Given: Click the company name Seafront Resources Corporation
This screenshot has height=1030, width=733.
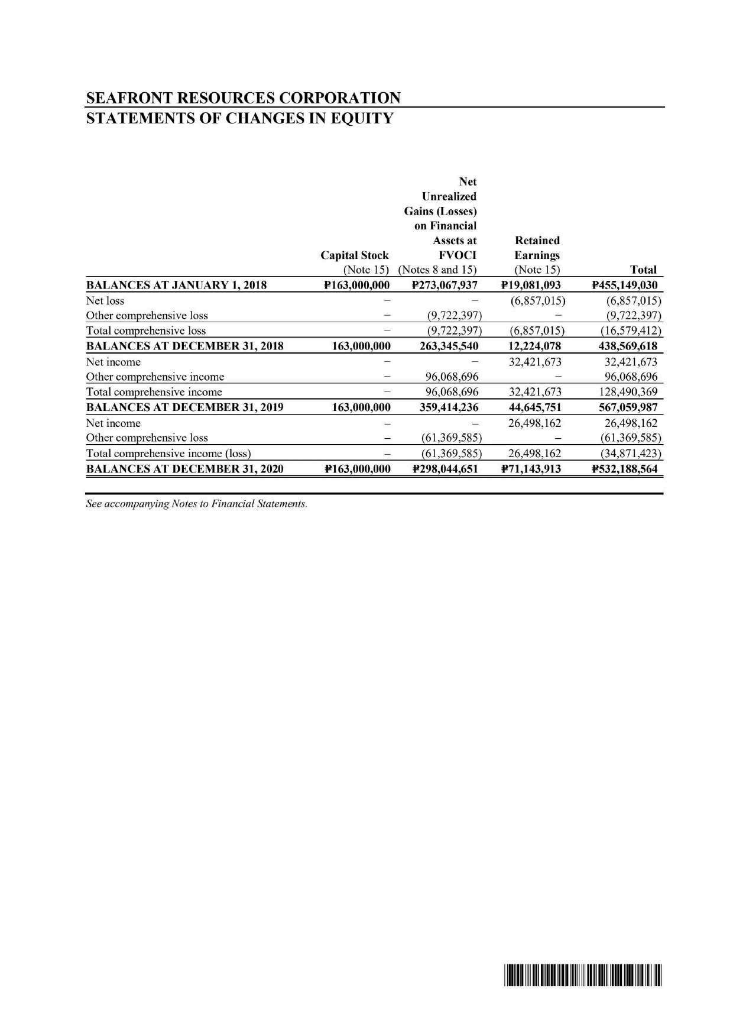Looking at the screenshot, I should (x=243, y=98).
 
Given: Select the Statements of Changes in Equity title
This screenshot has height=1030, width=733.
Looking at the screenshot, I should (x=239, y=118).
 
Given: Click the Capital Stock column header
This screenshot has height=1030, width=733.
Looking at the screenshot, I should (x=354, y=255).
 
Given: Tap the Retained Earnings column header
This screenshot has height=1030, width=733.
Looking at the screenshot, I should (x=537, y=248).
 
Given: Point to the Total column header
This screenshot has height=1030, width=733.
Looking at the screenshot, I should (x=643, y=270).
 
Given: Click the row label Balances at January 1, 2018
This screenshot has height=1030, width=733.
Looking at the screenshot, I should (x=176, y=286).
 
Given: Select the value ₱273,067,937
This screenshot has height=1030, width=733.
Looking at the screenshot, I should (x=445, y=286).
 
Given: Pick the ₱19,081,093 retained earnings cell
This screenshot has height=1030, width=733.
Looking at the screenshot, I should (x=530, y=286).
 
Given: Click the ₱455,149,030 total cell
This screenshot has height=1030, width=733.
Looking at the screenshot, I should (x=625, y=286).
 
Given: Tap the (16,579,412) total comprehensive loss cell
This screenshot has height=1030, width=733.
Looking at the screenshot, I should (x=629, y=331).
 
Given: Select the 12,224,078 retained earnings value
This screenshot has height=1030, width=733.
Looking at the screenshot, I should (x=535, y=346).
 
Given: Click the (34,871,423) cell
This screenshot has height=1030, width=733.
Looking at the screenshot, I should (x=629, y=454).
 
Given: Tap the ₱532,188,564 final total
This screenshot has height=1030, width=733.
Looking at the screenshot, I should (x=625, y=469).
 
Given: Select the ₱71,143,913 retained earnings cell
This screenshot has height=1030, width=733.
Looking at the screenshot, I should (x=530, y=469).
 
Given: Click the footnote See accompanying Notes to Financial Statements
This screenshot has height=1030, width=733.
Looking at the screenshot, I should (x=196, y=504).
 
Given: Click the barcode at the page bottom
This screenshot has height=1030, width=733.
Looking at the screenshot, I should (x=583, y=975).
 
